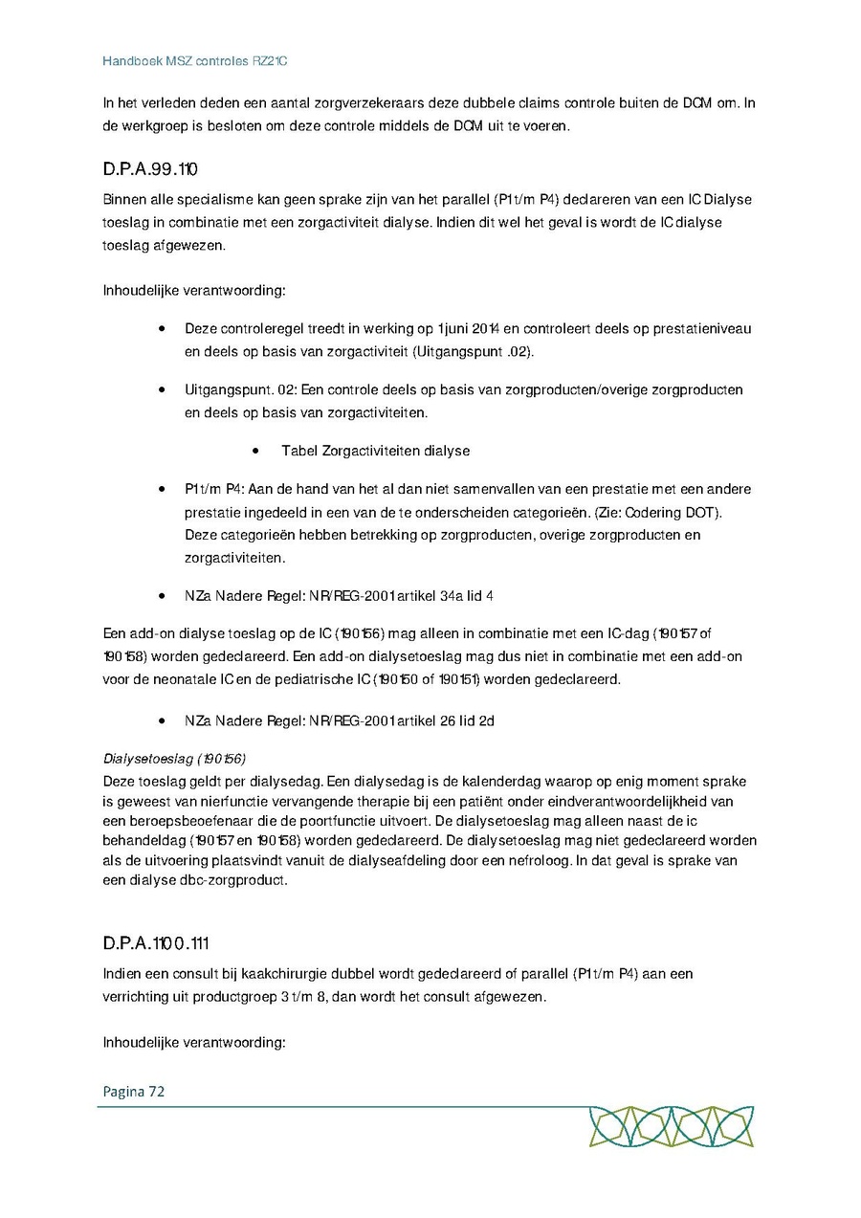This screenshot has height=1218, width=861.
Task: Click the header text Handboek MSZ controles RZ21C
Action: pyautogui.click(x=195, y=61)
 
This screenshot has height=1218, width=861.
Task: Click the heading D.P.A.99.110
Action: pyautogui.click(x=150, y=170)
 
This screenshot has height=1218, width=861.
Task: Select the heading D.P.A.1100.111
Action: pyautogui.click(x=156, y=943)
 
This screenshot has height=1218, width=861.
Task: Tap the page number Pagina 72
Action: pyautogui.click(x=134, y=1091)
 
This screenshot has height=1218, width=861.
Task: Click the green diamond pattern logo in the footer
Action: pyautogui.click(x=671, y=1126)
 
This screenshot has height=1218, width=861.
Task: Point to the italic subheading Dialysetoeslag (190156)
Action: pyautogui.click(x=174, y=759)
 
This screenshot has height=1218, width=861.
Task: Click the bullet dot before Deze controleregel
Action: pyautogui.click(x=164, y=328)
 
